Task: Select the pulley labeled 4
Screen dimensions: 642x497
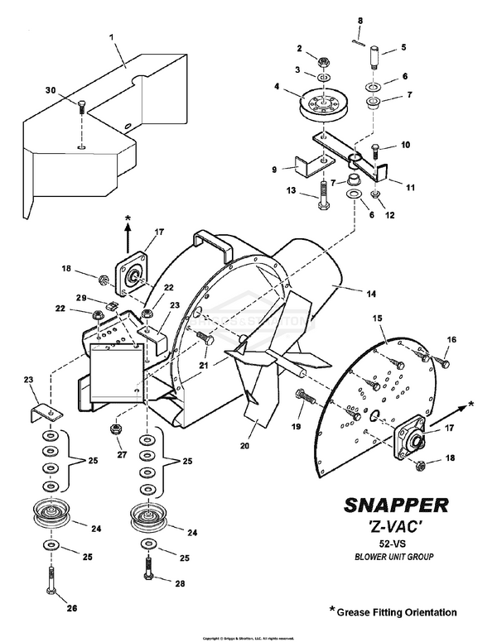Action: click(316, 103)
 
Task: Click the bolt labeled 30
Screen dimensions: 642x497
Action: click(80, 108)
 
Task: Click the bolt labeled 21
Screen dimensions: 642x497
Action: click(205, 338)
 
